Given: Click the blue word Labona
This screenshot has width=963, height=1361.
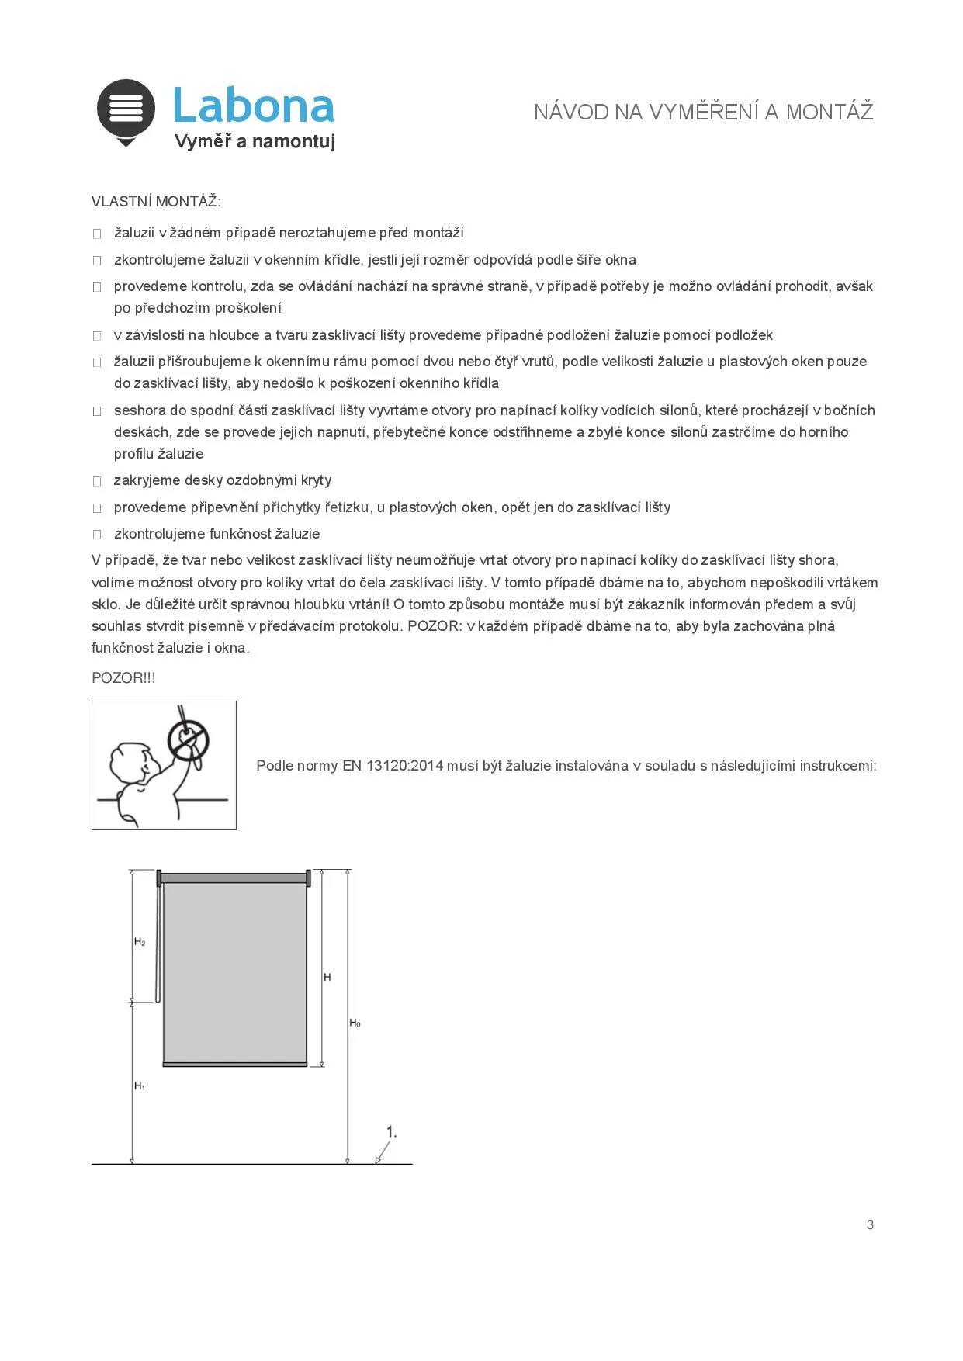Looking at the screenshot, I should pos(253,106).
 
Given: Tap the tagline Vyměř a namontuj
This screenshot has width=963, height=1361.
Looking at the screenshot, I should pos(255,141).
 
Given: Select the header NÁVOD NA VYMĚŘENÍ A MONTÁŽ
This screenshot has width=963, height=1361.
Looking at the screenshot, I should pos(703,113).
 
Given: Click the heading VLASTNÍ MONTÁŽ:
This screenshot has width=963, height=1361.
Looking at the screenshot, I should pos(156,202).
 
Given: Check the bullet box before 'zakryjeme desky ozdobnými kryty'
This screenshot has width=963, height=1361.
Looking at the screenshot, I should pos(97,481).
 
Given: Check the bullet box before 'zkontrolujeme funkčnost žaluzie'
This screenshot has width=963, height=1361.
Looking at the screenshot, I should pos(97,535).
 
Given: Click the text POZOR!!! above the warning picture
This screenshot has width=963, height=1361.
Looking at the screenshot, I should pos(123,678).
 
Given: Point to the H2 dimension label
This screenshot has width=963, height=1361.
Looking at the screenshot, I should pos(140,942).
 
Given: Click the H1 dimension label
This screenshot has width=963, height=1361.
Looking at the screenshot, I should pos(140,1086).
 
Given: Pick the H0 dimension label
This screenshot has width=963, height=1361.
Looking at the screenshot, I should pos(355,1023).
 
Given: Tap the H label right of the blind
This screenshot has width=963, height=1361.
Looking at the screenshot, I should pos(327,977).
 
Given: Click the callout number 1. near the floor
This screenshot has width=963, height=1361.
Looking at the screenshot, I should pos(392,1132).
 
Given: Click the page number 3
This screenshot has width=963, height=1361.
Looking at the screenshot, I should pos(870,1224).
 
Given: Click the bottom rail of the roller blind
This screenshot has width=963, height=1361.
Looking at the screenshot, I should pos(235,1064).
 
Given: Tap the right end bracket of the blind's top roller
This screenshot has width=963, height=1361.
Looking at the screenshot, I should pos(309,878).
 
